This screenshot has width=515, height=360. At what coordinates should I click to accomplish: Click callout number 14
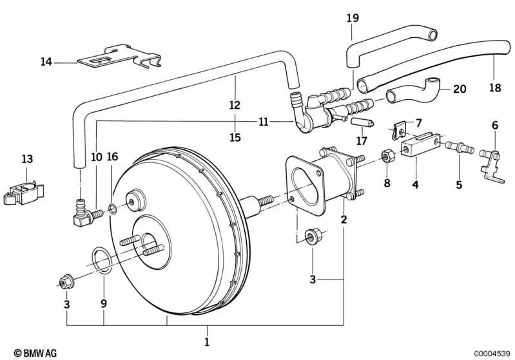[46, 62]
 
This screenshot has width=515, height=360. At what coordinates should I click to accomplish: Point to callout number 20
[459, 89]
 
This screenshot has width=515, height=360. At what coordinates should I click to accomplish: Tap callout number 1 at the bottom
[207, 341]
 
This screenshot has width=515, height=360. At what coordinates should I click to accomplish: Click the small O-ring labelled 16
[113, 207]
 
